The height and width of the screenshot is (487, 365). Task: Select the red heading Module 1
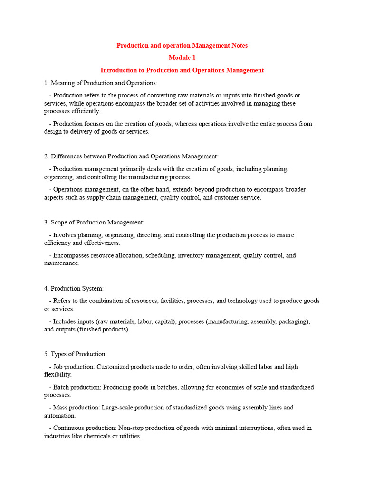[x=182, y=58]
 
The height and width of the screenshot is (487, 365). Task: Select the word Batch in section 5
[x=61, y=387]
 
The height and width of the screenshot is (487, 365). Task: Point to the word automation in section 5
[x=60, y=416]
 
